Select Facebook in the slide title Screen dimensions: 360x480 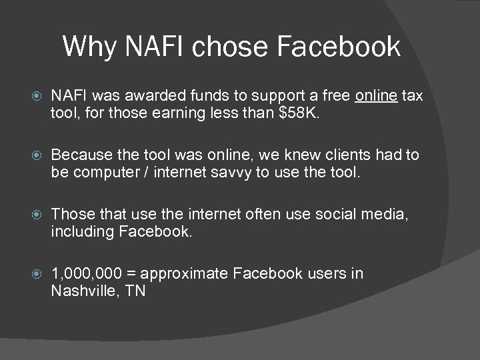(338, 47)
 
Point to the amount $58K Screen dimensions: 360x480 (296, 113)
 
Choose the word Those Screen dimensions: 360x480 (69, 214)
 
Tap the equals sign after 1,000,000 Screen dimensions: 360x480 (129, 274)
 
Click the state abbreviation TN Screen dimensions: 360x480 (135, 291)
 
